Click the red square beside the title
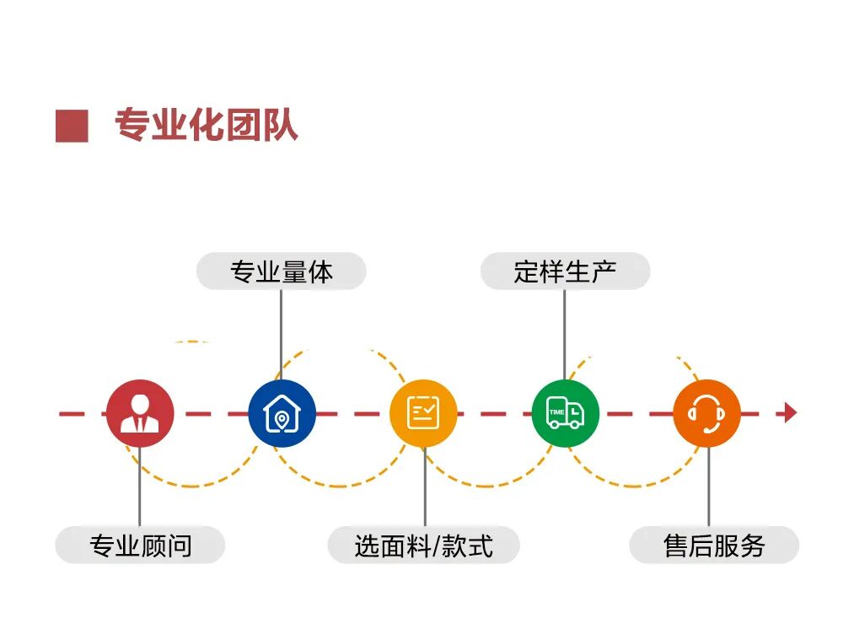[72, 126]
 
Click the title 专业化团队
[206, 126]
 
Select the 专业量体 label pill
[281, 271]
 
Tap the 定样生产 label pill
[565, 271]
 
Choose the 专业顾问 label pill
[140, 546]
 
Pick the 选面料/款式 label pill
[423, 546]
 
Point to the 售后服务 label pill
[714, 546]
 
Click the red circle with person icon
[140, 413]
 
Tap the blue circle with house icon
[282, 413]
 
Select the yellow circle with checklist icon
[423, 413]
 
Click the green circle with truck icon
[565, 413]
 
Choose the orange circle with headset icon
[706, 413]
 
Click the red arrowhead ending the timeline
[790, 413]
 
